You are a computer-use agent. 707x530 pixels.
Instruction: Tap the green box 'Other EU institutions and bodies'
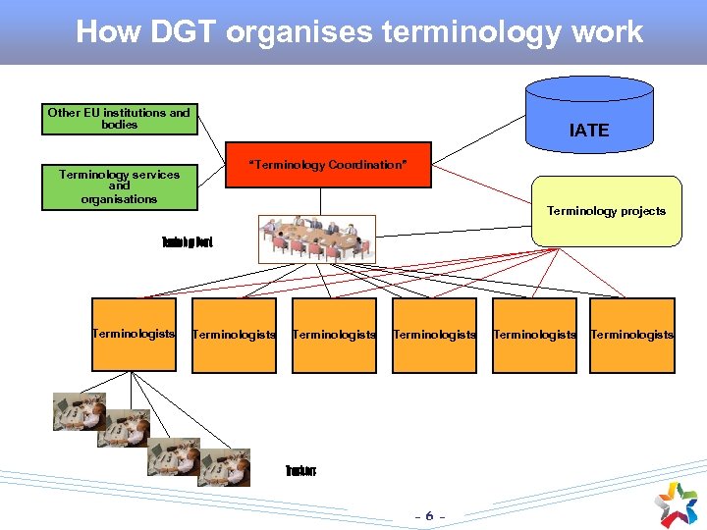tap(120, 119)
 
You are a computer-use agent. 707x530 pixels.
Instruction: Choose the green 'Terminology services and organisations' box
tap(120, 186)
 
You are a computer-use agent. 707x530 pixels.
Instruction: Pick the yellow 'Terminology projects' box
tap(606, 210)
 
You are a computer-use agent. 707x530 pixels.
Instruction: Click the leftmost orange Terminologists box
tap(134, 335)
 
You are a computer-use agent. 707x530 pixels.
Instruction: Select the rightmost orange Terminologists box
tap(631, 335)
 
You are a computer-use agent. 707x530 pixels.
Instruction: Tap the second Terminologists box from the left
tap(234, 335)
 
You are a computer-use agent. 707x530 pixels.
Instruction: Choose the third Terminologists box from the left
tap(334, 335)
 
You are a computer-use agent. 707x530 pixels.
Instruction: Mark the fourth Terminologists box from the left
tap(434, 335)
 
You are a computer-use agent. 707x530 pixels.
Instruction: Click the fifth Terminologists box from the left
tap(534, 335)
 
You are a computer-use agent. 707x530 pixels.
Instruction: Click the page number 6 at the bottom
tap(429, 515)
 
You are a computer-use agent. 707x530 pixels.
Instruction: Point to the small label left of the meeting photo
tap(187, 241)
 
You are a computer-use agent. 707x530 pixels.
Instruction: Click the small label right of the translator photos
tap(300, 471)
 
